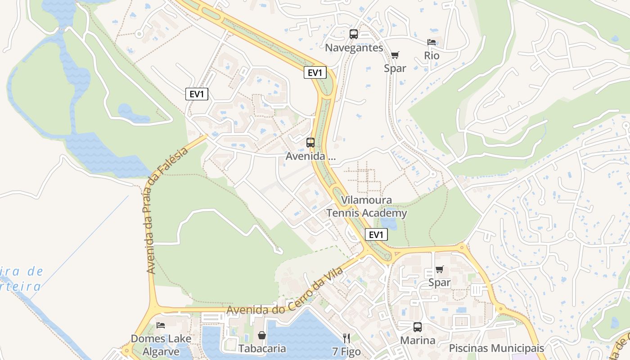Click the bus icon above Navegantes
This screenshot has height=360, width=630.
(354, 34)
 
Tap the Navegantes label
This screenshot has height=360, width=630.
(354, 48)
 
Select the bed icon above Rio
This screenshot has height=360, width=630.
(432, 42)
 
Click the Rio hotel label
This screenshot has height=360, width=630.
(432, 55)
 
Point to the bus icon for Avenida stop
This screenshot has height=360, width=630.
(310, 143)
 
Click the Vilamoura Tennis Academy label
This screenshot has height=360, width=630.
(366, 207)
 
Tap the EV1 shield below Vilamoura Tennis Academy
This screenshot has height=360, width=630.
(376, 234)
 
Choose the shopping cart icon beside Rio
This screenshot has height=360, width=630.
(395, 55)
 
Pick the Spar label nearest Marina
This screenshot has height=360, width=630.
(439, 283)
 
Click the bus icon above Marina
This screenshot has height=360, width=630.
(418, 327)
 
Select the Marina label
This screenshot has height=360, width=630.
(418, 340)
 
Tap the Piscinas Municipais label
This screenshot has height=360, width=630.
(496, 348)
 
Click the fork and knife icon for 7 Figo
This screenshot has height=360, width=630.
(346, 338)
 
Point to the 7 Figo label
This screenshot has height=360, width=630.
(346, 351)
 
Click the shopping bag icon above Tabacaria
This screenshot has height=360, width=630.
(262, 335)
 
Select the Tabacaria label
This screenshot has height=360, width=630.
(262, 348)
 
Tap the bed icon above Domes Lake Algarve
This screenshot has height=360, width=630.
(161, 325)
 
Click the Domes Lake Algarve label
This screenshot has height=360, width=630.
(155, 345)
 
